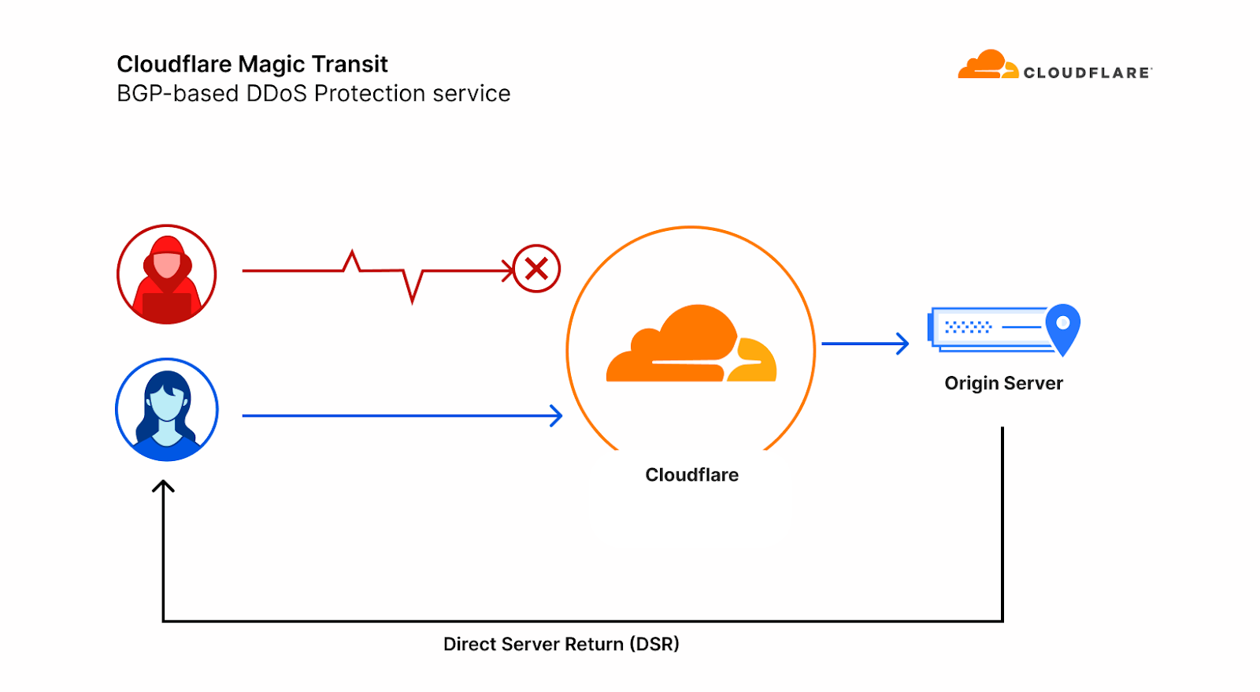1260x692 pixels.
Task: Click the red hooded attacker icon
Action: point(166,274)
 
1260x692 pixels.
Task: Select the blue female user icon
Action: point(166,410)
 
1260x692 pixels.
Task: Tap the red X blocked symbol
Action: point(536,269)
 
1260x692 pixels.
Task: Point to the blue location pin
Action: point(1062,328)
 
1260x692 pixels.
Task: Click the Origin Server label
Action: point(1003,384)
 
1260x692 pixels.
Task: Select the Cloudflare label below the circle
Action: point(691,475)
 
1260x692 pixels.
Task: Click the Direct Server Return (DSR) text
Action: point(561,644)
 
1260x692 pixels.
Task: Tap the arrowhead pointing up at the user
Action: point(163,487)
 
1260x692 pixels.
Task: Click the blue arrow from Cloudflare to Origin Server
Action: point(865,344)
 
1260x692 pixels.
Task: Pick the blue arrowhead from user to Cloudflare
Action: point(556,415)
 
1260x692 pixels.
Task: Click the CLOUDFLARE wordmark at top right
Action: point(1087,73)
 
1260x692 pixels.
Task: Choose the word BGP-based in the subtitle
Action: point(177,94)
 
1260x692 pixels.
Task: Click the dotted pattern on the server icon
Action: point(968,326)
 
